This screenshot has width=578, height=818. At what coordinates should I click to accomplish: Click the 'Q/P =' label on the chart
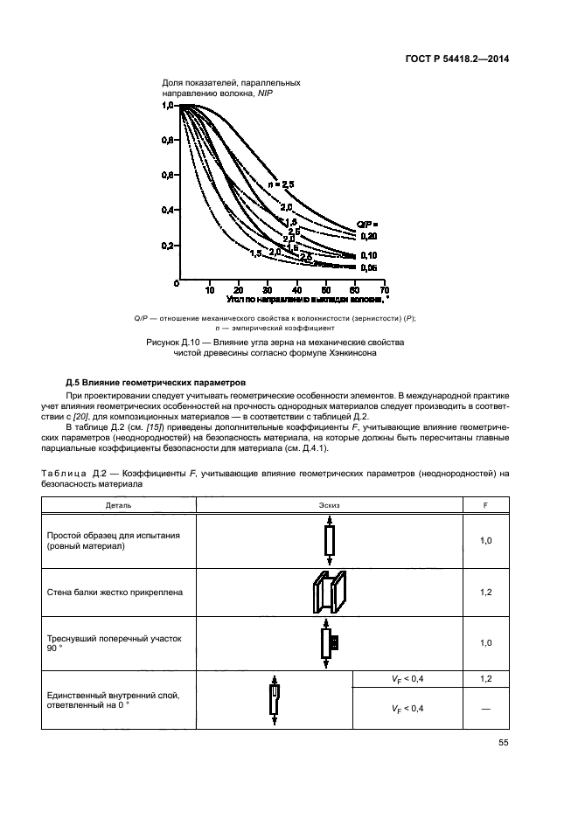pyautogui.click(x=367, y=225)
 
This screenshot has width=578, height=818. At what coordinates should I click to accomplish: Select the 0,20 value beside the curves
pyautogui.click(x=369, y=236)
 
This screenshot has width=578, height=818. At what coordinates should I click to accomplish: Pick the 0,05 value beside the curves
pyautogui.click(x=369, y=267)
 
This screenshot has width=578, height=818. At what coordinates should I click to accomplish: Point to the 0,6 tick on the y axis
pyautogui.click(x=168, y=175)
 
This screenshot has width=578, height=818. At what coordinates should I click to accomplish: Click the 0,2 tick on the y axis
pyautogui.click(x=168, y=246)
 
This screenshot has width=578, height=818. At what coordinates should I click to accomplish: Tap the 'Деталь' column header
pyautogui.click(x=119, y=505)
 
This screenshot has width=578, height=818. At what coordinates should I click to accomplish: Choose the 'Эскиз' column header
pyautogui.click(x=330, y=505)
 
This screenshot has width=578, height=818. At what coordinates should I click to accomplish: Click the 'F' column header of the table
pyautogui.click(x=486, y=505)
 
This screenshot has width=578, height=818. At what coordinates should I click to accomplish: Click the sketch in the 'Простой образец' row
pyautogui.click(x=330, y=542)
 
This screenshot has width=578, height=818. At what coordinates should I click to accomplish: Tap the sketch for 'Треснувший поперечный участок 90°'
pyautogui.click(x=330, y=644)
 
